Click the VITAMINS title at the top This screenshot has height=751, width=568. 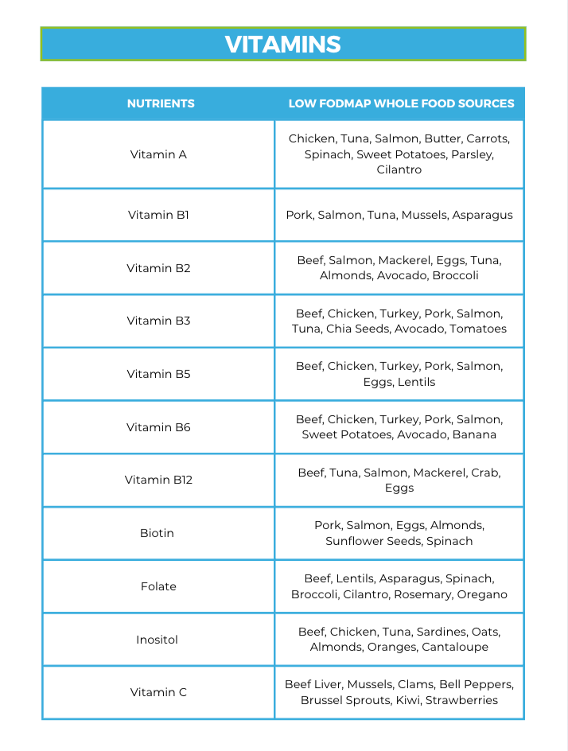coord(282,44)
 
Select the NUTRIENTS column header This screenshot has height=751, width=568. coord(161,103)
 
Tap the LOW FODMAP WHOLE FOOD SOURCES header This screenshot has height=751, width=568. coord(401,103)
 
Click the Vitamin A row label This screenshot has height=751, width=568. coord(158,154)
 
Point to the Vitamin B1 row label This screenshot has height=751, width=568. coord(158,215)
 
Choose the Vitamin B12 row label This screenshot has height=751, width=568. coord(158,480)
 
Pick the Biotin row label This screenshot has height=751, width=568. coord(157,533)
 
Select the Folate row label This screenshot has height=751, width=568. coord(158,586)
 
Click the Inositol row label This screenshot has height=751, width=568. coord(157,640)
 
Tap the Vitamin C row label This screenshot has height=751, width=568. coord(158,692)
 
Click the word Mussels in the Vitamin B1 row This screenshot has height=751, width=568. coord(424,215)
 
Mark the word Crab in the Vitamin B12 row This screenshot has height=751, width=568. coord(483,473)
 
